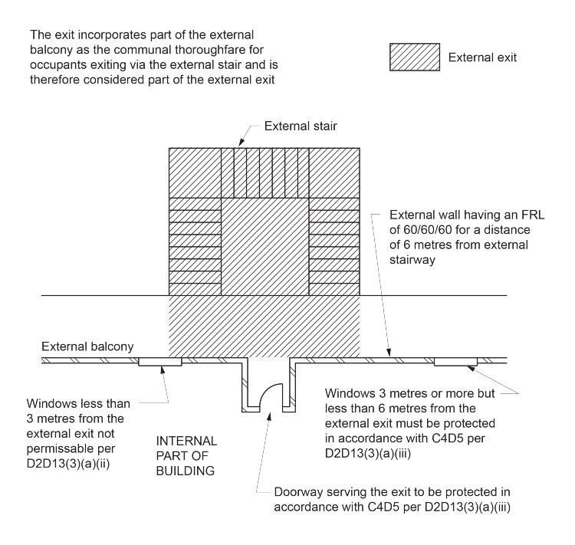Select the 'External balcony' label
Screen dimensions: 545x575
pos(87,347)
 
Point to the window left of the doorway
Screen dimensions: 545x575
pos(159,362)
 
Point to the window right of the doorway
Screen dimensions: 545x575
pos(456,362)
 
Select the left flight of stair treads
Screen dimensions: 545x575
pos(195,247)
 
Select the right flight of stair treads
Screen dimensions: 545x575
pos(334,247)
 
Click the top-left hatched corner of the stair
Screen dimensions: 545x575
pos(195,172)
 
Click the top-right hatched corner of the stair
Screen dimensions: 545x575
pos(334,172)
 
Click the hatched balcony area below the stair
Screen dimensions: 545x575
pos(264,326)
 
